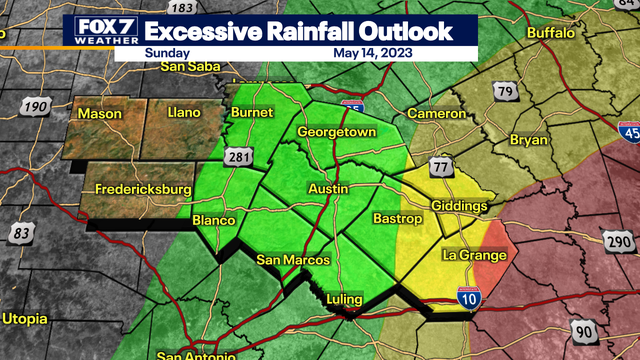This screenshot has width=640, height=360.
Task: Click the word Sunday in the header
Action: (165, 54)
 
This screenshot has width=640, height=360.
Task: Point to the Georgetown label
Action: (336, 133)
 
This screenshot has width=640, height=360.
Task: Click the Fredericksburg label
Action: (143, 189)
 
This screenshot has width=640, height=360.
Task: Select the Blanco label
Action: (213, 220)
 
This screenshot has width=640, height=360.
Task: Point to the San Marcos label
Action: (293, 261)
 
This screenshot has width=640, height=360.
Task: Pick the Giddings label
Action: (459, 206)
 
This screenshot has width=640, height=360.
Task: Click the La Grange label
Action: (475, 255)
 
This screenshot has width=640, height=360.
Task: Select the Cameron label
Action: (436, 114)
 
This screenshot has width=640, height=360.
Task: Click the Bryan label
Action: (529, 140)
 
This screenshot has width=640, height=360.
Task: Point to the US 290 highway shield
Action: (616, 240)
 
